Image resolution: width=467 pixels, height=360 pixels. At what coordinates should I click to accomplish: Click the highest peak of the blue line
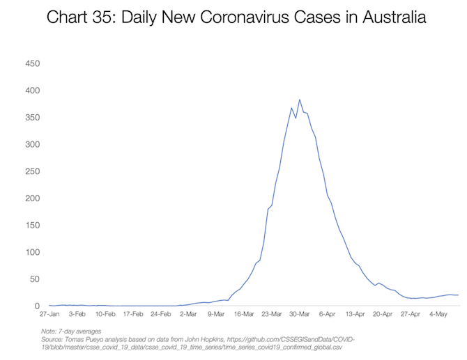click(300, 100)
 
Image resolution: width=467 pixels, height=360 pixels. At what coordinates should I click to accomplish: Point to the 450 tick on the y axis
click(32, 64)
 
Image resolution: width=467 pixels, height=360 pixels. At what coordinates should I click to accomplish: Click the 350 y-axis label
click(32, 118)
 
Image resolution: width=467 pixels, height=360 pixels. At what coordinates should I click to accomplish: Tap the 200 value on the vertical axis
click(32, 198)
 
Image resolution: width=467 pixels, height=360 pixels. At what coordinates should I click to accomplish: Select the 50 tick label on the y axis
click(35, 279)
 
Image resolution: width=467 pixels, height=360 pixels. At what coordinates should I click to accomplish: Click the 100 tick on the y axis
click(32, 252)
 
